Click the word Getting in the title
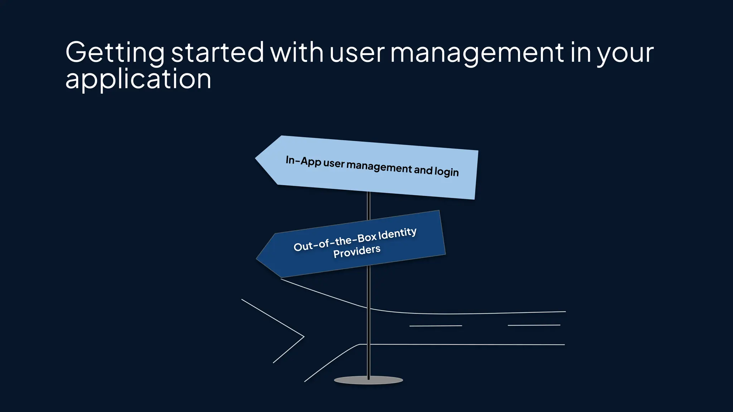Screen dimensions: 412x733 115,53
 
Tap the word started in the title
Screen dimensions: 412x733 217,52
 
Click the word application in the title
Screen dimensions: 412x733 138,79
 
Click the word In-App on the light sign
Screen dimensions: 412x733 303,161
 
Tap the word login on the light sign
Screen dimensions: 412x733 446,172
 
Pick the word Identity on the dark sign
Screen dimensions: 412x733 397,234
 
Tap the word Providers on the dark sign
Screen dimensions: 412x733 356,251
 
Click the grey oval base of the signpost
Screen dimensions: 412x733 368,381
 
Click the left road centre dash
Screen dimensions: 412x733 436,326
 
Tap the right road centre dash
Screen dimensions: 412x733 534,325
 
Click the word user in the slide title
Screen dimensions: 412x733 356,53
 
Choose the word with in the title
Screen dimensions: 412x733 297,52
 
